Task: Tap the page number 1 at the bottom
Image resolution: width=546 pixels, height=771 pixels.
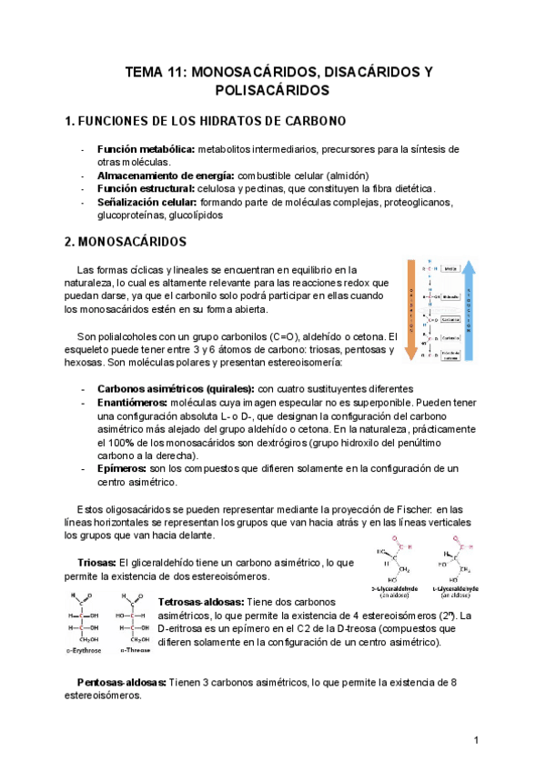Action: [x=477, y=742]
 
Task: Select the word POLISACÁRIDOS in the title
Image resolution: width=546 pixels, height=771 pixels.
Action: [x=273, y=91]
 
